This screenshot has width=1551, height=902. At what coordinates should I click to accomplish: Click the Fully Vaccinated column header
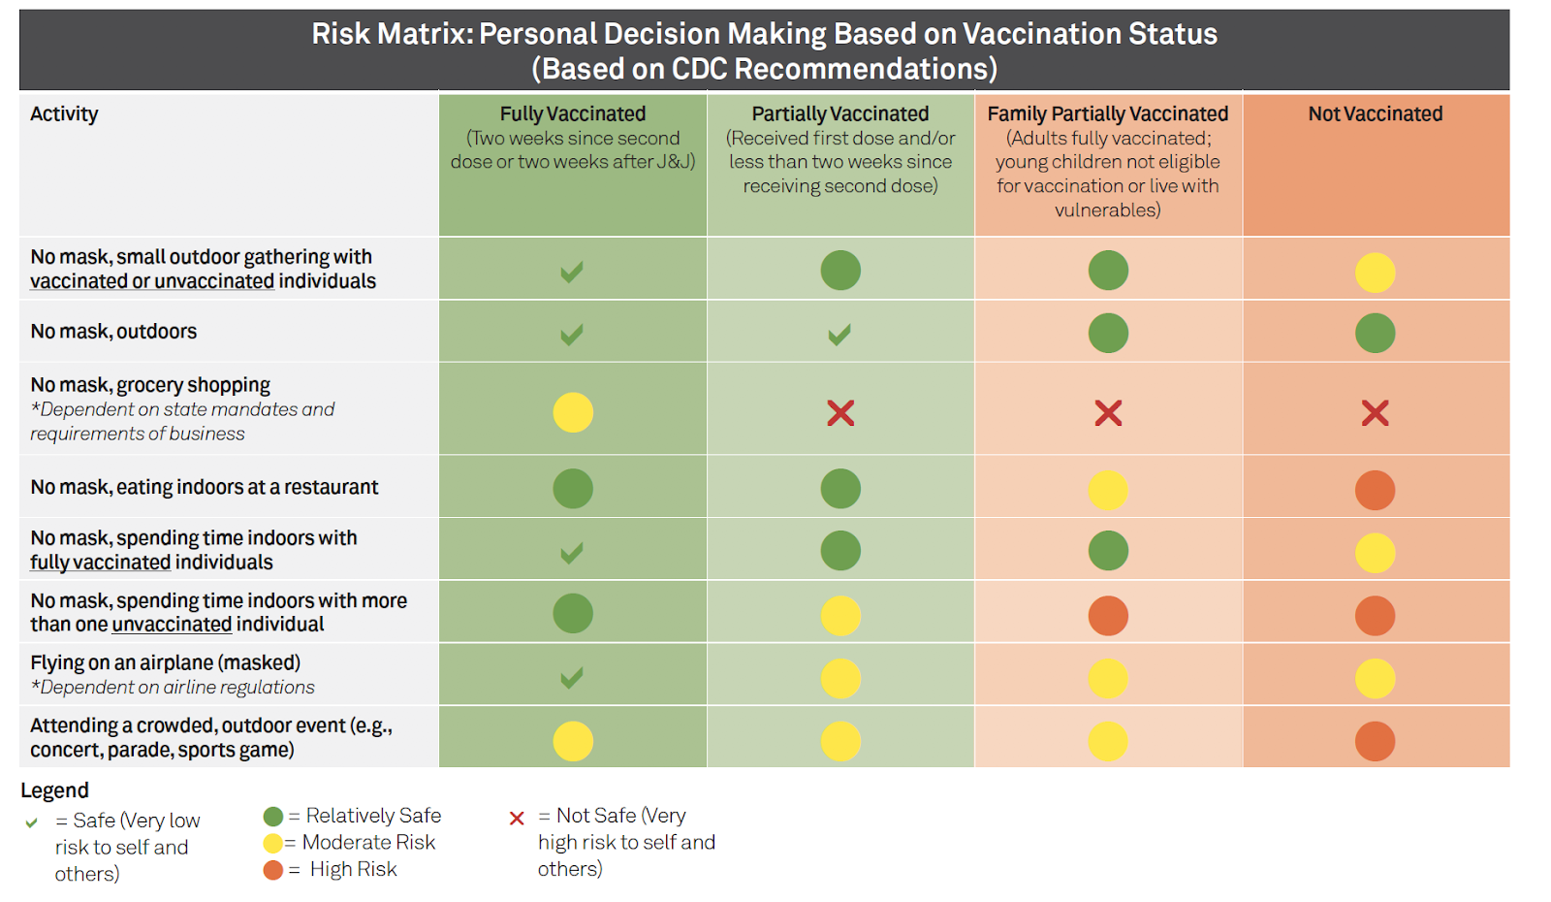coord(573,114)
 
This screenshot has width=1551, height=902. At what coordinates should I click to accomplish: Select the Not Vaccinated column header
coord(1375,114)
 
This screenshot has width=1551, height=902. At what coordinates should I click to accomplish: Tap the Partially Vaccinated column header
coord(840,114)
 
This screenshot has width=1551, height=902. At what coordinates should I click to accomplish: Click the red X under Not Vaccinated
coord(1375,413)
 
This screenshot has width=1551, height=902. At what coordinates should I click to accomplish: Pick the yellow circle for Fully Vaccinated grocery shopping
coord(573,412)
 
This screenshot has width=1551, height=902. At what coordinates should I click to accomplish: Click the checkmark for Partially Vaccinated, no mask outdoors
coord(839,335)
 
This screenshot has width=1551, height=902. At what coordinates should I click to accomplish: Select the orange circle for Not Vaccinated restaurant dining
coord(1375,490)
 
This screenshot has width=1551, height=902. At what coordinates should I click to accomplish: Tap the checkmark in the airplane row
coord(572,677)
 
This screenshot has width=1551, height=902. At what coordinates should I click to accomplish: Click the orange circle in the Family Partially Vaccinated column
coord(1108,615)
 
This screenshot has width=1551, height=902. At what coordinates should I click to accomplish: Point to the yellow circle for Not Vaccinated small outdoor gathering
coord(1375,273)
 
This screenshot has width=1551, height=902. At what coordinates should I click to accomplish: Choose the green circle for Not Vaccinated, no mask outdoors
coord(1375,333)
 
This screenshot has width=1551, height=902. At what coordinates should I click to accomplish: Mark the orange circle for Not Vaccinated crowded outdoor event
coord(1375,741)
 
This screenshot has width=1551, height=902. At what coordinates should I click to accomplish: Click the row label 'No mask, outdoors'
coord(113,332)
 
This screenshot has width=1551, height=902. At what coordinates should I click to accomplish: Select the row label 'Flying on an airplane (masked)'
coord(165,662)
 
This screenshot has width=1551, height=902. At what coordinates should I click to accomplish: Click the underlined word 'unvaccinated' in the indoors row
coord(172,625)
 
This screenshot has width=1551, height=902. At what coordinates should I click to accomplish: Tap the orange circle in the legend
coord(273,870)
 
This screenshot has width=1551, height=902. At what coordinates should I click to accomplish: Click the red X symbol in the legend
coord(517,819)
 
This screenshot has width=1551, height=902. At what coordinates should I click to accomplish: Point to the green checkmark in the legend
coord(32,822)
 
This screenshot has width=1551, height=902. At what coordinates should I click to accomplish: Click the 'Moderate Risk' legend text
coord(368,843)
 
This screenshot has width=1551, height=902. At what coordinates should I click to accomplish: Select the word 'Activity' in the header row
coord(64,114)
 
